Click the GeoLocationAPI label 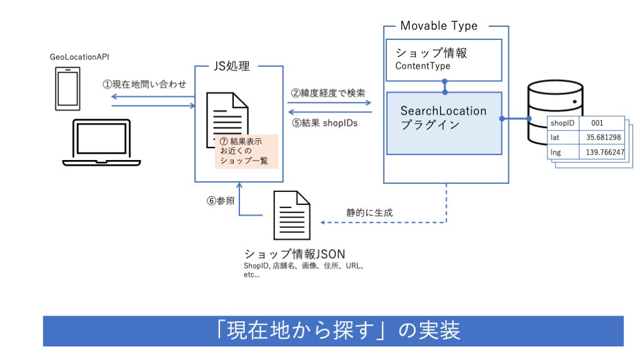(x=79, y=57)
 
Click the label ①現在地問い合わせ (x=145, y=84)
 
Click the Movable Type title (x=438, y=26)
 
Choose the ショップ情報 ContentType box (x=444, y=59)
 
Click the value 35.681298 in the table (x=603, y=137)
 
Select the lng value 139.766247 (x=603, y=151)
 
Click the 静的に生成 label (x=370, y=212)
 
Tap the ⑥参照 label (x=221, y=201)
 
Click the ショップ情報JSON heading (x=295, y=254)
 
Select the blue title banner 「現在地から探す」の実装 (x=333, y=331)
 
